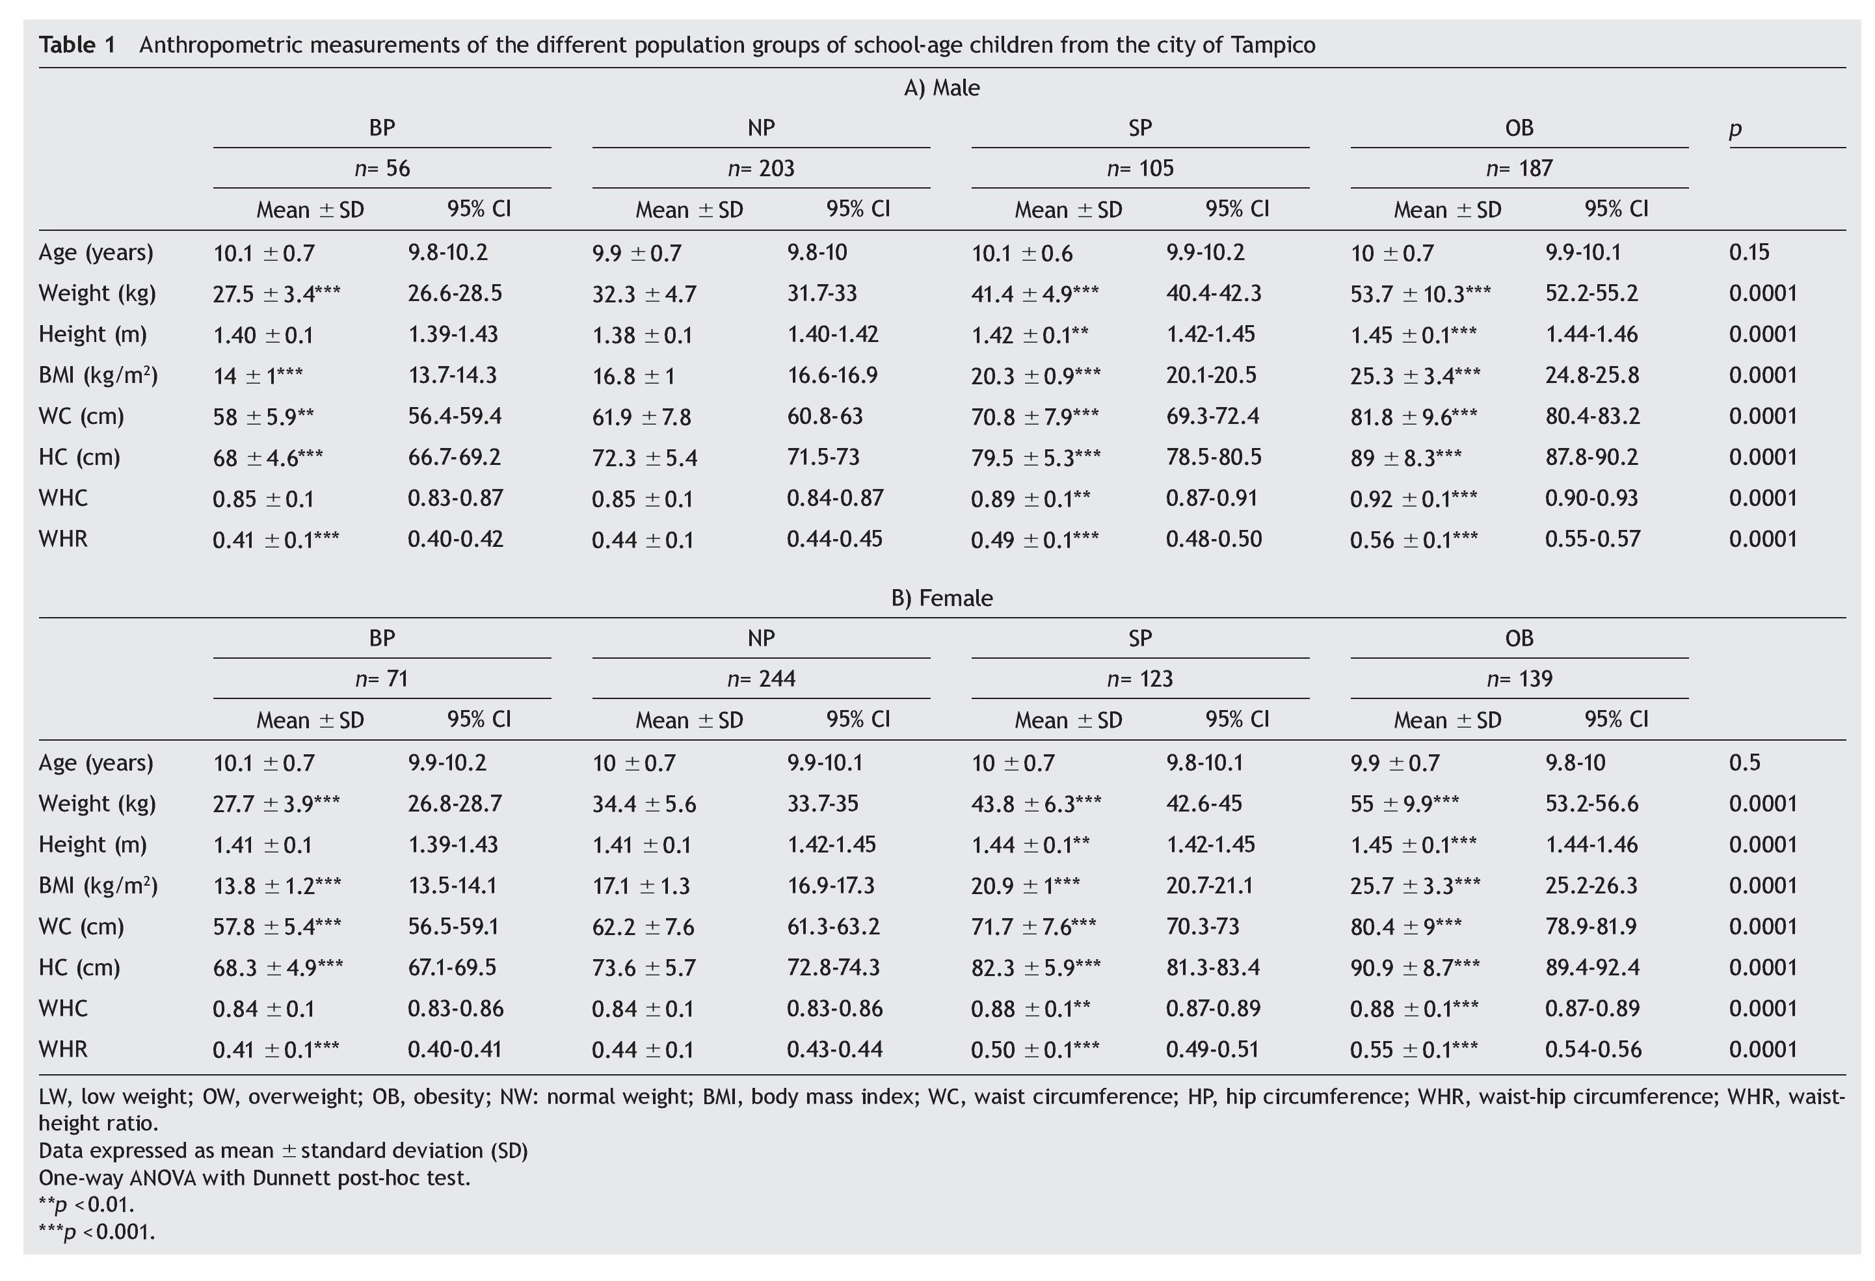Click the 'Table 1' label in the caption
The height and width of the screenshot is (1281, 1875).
[x=77, y=44]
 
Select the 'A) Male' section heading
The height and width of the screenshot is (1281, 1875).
[x=942, y=87]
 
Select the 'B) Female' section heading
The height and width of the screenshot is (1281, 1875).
[x=942, y=598]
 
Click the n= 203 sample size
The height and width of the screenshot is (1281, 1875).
[x=760, y=168]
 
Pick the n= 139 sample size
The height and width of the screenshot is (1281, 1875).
[x=1519, y=678]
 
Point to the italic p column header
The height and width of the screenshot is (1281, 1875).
[x=1735, y=129]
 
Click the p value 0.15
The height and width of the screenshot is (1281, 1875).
[x=1748, y=252]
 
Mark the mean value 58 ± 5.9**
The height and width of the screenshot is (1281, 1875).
[x=263, y=417]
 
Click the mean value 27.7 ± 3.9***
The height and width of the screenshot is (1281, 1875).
[x=276, y=804]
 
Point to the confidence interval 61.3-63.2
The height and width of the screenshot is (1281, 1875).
[x=832, y=926]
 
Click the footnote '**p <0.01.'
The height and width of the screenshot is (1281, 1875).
[x=86, y=1205]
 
